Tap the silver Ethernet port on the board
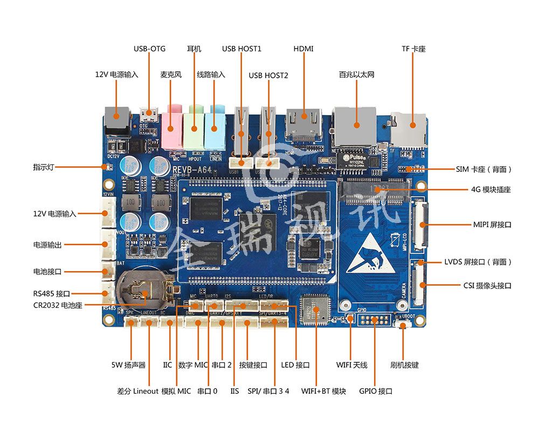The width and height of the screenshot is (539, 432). click(x=355, y=124)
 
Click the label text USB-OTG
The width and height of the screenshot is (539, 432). click(x=149, y=49)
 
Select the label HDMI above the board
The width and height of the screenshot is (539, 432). click(x=303, y=49)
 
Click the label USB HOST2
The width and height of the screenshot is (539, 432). click(x=268, y=75)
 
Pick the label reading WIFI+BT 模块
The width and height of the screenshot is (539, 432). click(x=323, y=391)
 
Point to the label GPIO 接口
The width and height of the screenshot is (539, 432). click(x=376, y=391)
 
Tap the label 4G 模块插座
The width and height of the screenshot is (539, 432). click(x=490, y=190)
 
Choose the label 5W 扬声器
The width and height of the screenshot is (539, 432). click(x=129, y=365)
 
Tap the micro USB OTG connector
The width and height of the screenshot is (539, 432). click(x=149, y=115)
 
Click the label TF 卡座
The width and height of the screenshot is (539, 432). click(x=413, y=49)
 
